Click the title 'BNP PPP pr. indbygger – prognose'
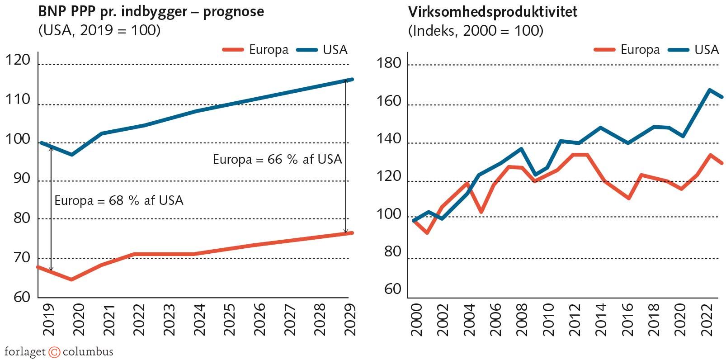(x=151, y=11)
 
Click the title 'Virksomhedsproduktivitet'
(x=493, y=11)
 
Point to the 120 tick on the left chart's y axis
(x=18, y=60)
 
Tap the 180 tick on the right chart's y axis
(x=389, y=63)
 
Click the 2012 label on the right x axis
(x=575, y=319)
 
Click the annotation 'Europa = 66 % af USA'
(x=277, y=159)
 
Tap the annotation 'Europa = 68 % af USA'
(x=118, y=200)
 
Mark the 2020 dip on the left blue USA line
(x=71, y=155)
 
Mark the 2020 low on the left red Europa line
(x=71, y=279)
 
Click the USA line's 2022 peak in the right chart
(x=709, y=90)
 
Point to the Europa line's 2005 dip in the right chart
(x=481, y=212)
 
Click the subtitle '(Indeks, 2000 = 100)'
(x=476, y=31)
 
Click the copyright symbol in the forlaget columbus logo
(x=54, y=352)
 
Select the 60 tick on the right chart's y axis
(x=392, y=289)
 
